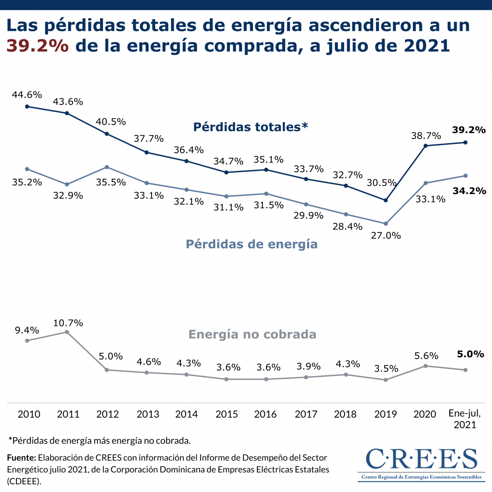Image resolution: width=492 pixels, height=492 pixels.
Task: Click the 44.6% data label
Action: tap(27, 95)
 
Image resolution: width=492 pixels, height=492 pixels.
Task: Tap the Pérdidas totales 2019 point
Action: tap(385, 200)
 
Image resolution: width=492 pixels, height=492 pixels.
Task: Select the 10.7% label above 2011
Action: tap(68, 323)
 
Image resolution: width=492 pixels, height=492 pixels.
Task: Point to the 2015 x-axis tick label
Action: tap(227, 414)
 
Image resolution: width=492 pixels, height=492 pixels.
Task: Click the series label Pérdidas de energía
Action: tap(251, 244)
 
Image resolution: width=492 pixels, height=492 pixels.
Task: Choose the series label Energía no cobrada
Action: tap(252, 335)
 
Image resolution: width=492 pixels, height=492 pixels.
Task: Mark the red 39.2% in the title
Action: tap(37, 46)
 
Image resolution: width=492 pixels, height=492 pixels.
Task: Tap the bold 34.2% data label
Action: tap(469, 191)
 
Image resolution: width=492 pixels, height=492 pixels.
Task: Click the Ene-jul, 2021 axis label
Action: tap(465, 419)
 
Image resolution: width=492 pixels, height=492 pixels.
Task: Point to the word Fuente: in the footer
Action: tap(22, 458)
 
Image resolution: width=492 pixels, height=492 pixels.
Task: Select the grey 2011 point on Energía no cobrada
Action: tap(67, 332)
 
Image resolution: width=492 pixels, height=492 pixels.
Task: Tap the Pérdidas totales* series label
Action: tap(251, 127)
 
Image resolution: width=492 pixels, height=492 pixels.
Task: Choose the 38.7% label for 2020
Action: tap(426, 136)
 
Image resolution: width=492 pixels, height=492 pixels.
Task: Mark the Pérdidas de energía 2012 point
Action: tap(107, 167)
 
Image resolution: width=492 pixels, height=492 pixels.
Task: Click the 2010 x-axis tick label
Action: tap(29, 414)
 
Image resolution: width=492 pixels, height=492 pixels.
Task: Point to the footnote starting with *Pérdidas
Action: tap(100, 441)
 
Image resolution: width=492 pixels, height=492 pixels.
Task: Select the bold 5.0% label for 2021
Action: tap(471, 354)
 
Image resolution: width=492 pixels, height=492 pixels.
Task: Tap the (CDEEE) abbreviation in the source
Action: tap(24, 481)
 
